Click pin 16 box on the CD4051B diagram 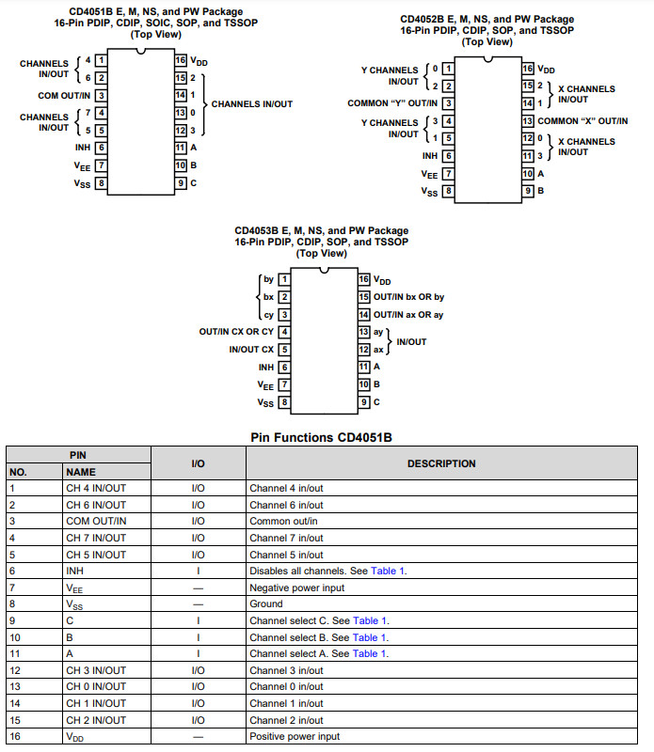(181, 60)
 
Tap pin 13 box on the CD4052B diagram (528, 121)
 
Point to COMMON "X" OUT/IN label (582, 121)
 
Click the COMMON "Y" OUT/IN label (391, 103)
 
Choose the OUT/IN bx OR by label (408, 297)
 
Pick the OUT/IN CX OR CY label (236, 331)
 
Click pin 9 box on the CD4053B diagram (363, 402)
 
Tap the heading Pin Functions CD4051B (327, 437)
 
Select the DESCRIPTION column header (441, 463)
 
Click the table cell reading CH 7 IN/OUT (95, 539)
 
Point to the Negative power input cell (296, 587)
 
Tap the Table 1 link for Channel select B (369, 637)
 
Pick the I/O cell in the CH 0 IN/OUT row (198, 687)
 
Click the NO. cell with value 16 (14, 736)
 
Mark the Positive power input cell (295, 736)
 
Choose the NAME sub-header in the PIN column (81, 472)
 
